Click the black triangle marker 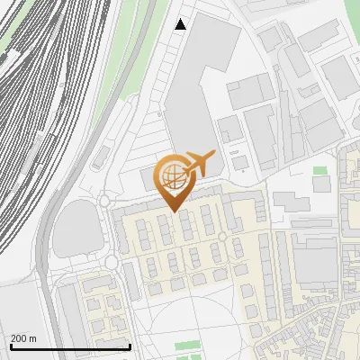pos(181,24)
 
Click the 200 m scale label pos(24,338)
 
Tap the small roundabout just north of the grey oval pos(105,201)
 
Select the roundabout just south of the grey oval pos(112,263)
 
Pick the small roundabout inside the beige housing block pos(222,237)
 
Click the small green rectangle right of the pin pos(320,170)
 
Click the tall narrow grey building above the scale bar pos(70,310)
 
